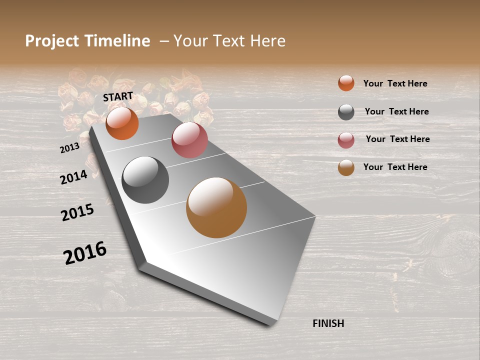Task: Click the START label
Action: tap(118, 96)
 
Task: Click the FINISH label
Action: tap(328, 323)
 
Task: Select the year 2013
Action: tap(69, 148)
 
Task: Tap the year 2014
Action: tap(73, 177)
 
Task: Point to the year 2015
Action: tap(77, 212)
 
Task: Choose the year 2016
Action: tap(85, 252)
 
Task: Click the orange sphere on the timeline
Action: tap(122, 123)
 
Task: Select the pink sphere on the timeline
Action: tap(189, 140)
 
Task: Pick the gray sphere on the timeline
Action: tap(145, 180)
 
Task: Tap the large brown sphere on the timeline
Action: tap(216, 207)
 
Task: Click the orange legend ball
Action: tap(346, 83)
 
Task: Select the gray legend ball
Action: tap(346, 112)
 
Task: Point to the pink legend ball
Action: tap(346, 140)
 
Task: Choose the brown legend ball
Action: tap(346, 167)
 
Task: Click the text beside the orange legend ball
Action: tap(395, 83)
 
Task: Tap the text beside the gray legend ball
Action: tap(396, 111)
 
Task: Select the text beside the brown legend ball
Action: tap(395, 167)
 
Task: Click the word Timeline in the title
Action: tap(117, 41)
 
